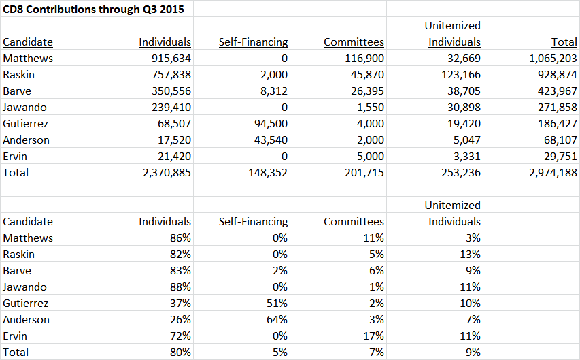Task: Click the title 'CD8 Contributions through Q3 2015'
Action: coord(93,10)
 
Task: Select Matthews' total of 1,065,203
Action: coord(553,59)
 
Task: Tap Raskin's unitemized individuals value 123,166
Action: coord(461,75)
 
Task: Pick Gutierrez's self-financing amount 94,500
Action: coord(271,124)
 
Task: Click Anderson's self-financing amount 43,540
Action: coord(271,140)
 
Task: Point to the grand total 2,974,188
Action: coord(553,173)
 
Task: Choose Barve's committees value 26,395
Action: coord(367,91)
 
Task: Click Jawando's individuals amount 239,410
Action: coord(171,108)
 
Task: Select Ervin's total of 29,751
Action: coord(560,157)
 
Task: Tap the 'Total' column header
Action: coord(564,42)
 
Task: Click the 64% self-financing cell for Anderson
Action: coord(277,320)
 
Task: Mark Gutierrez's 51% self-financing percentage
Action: coord(277,304)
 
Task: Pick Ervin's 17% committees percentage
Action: coord(373,336)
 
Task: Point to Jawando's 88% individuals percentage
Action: coord(180,287)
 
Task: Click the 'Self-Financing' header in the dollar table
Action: coord(254,42)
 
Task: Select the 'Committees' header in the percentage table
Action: coord(354,221)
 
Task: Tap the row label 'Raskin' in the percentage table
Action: coord(19,255)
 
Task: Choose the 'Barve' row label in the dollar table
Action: coord(17,91)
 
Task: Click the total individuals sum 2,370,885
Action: coord(167,173)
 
